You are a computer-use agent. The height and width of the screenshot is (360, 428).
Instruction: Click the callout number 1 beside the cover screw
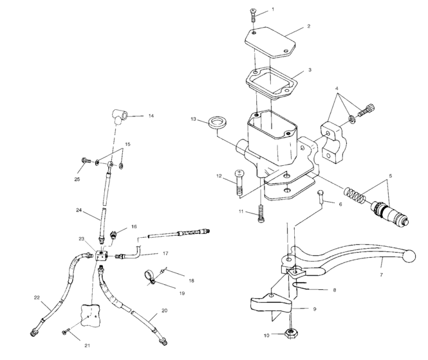272,10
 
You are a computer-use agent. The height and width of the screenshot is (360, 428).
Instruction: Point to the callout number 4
337,88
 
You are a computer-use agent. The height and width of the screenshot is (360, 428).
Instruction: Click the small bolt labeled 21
66,331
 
